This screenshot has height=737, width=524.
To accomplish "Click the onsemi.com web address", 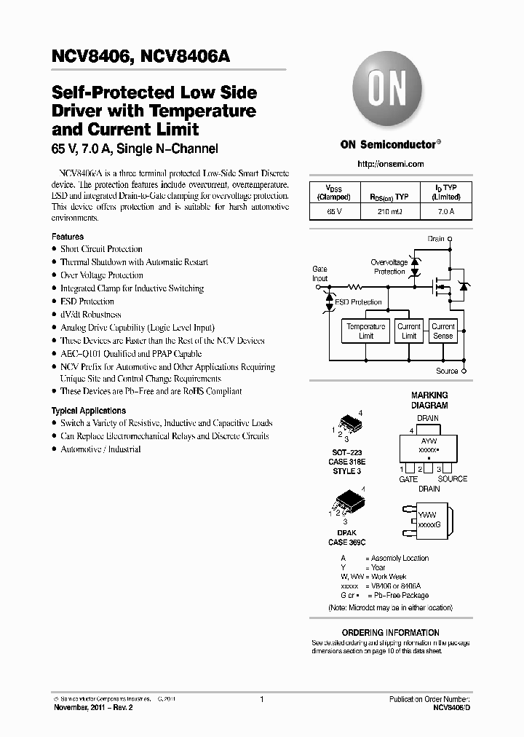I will click(392, 165).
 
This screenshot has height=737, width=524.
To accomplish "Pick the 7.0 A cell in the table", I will click(445, 211).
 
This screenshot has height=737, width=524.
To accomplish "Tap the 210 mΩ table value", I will click(390, 211).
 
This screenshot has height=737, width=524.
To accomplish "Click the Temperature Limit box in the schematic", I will click(366, 331).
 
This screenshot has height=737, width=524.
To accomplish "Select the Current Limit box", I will click(409, 331).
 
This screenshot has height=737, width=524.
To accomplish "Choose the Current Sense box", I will click(442, 331).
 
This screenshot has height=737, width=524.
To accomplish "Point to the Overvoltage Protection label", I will click(389, 267).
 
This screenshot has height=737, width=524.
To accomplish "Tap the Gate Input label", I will click(319, 274).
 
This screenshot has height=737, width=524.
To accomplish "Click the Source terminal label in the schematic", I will click(447, 371).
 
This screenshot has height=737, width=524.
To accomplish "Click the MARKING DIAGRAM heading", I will click(429, 400).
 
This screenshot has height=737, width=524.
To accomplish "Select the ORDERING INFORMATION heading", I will click(391, 632).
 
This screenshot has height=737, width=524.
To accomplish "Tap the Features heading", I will click(68, 237).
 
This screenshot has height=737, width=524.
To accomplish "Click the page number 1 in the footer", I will click(261, 699).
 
